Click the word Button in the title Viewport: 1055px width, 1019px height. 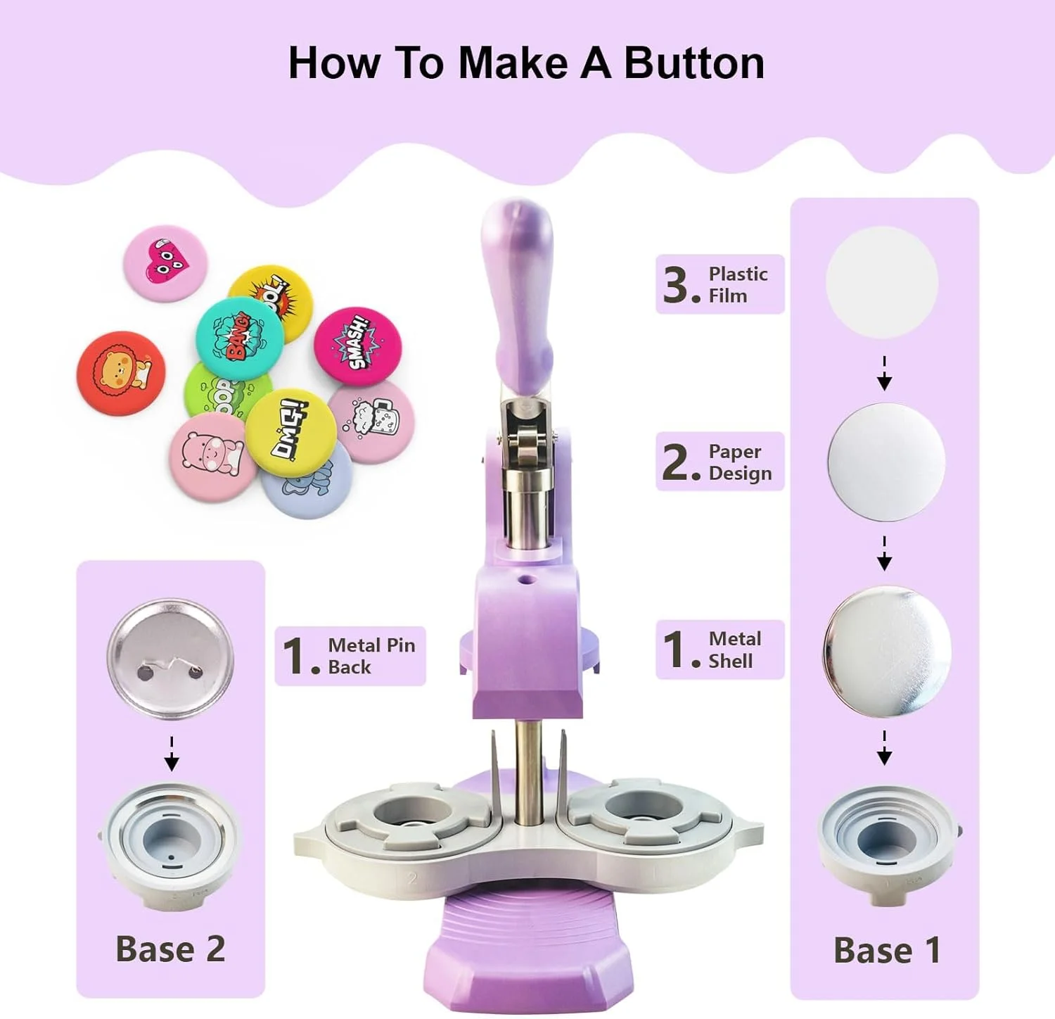pos(693,64)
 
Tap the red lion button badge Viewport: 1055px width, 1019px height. pos(121,373)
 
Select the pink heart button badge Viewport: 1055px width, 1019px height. pos(165,263)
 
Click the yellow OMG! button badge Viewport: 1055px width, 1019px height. pos(290,433)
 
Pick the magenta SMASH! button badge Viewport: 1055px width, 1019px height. pos(357,348)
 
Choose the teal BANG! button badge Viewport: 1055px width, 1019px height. pos(239,339)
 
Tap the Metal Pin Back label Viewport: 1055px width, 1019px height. pos(350,656)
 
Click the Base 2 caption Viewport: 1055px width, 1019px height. pos(170,949)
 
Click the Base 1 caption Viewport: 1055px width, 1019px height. pos(887,951)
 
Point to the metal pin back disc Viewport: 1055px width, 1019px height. pos(170,659)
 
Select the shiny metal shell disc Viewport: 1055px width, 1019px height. pos(887,651)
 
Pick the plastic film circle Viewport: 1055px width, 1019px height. pos(882,283)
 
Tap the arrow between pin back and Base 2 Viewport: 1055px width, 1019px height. pos(172,754)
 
